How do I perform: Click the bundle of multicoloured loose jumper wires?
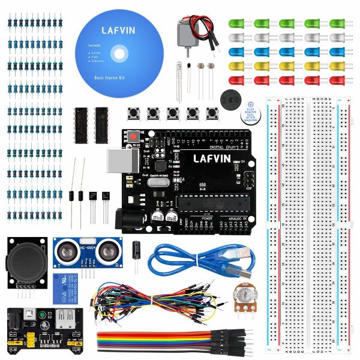coord(150,300)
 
